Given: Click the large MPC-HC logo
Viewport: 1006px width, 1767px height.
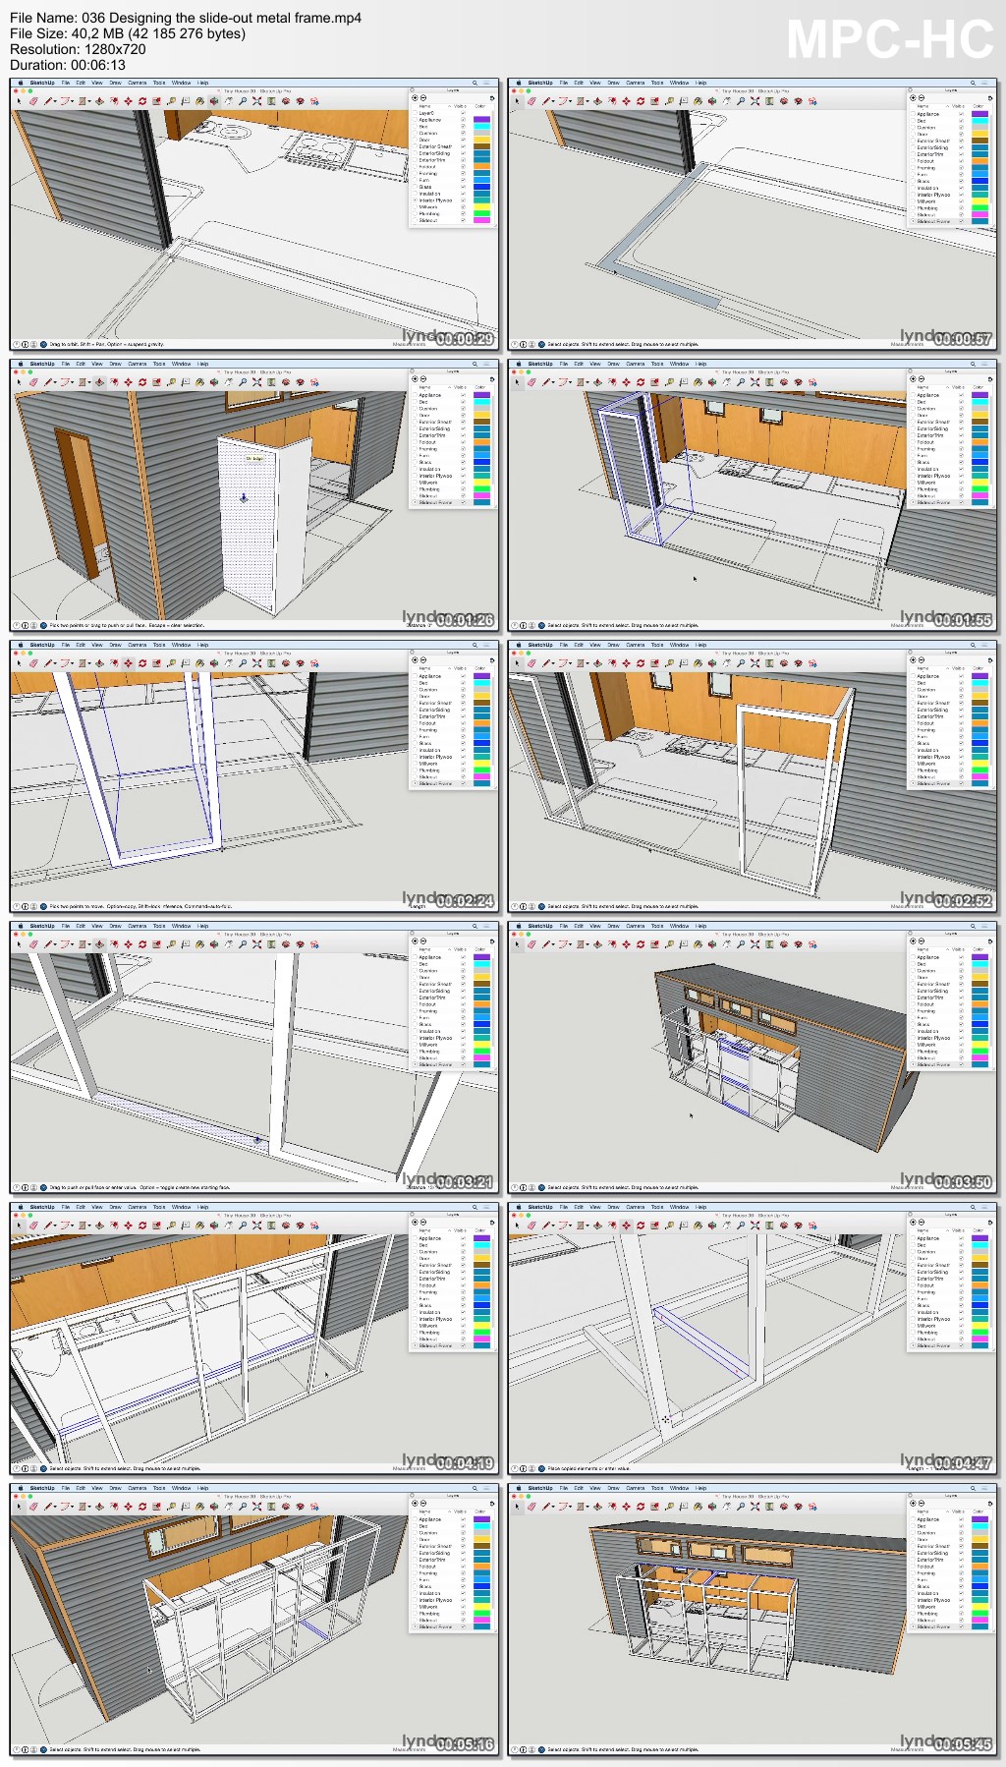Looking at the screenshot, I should click(889, 40).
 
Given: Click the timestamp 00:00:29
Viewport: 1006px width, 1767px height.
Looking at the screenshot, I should click(466, 339).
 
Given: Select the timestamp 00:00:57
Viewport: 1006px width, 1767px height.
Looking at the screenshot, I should click(964, 339).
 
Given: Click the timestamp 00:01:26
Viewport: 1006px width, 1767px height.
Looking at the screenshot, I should click(466, 620).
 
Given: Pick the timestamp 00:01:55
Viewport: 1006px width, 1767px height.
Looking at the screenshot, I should click(964, 620).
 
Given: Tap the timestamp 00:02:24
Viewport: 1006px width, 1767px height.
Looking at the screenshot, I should click(466, 901).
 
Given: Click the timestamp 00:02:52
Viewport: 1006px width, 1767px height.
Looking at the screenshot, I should click(964, 901).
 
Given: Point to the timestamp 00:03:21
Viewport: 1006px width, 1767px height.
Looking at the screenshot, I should click(466, 1182).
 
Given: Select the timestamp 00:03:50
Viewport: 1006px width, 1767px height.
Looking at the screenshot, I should click(964, 1182).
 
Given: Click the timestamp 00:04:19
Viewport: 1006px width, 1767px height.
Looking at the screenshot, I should click(466, 1463).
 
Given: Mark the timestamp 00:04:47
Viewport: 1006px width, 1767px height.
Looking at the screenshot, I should click(964, 1463).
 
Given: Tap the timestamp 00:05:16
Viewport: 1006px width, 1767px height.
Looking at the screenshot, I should click(466, 1744).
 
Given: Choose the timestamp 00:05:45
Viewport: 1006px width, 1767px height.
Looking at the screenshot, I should click(964, 1744).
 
